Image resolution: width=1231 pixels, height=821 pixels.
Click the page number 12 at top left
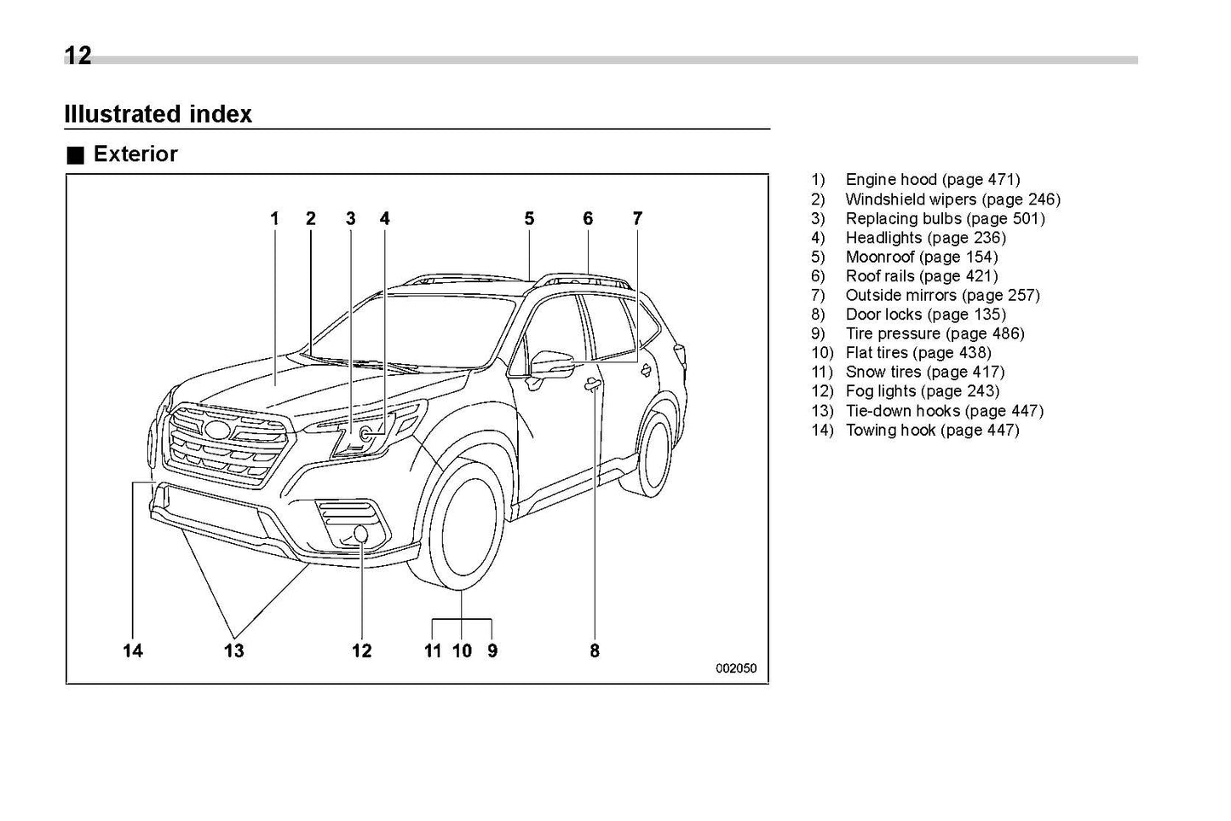tap(78, 56)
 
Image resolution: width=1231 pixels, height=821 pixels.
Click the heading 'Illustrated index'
tap(158, 114)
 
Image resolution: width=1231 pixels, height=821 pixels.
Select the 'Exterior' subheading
tap(135, 154)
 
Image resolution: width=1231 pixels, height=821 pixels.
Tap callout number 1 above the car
tap(274, 219)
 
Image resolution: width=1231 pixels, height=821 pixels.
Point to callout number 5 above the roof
tap(529, 219)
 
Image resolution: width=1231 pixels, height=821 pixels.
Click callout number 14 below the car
tap(132, 651)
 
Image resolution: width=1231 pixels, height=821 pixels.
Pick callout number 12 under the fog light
tap(361, 651)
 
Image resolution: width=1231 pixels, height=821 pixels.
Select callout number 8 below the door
tap(594, 651)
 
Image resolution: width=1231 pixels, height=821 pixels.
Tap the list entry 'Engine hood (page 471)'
tap(932, 180)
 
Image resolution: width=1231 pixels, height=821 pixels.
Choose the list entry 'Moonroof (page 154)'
tap(921, 257)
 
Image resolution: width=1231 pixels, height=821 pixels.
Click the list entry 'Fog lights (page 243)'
tap(922, 391)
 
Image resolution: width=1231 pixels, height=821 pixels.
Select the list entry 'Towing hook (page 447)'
tap(932, 430)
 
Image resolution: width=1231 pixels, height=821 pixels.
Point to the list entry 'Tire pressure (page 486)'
tap(935, 333)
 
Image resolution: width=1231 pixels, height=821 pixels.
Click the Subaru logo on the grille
tap(219, 430)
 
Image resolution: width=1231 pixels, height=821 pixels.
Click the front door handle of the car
tap(591, 386)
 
